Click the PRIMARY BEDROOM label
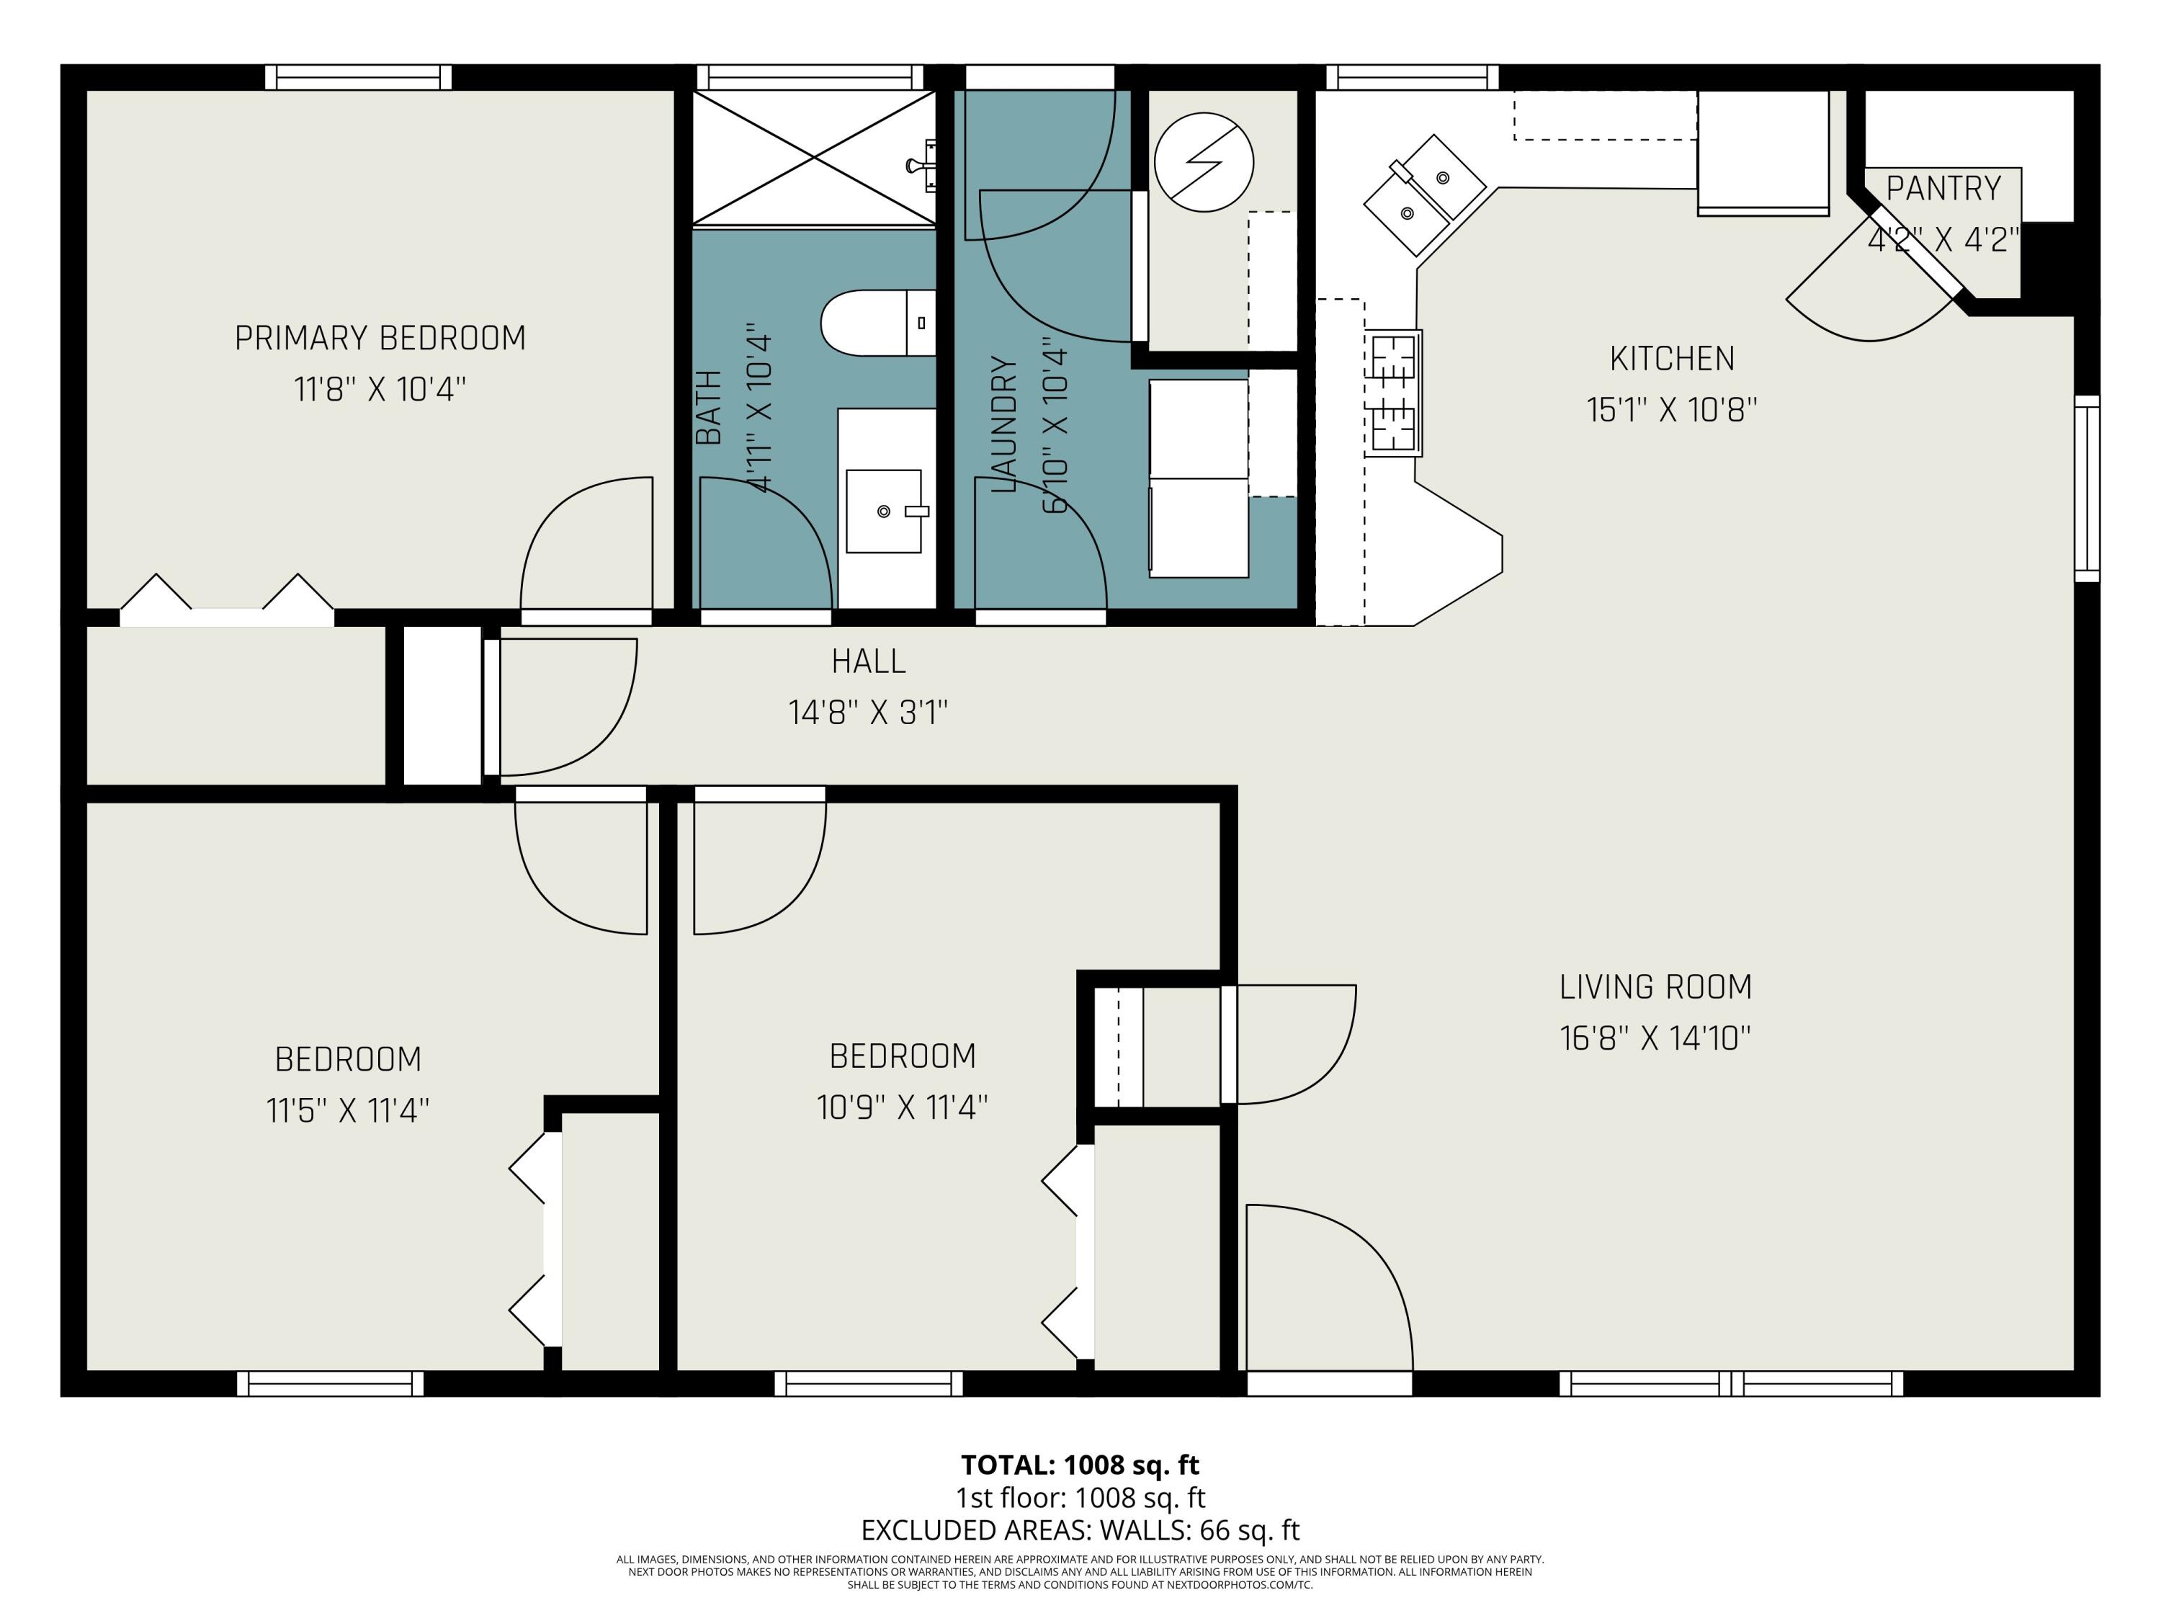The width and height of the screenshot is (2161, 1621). point(380,338)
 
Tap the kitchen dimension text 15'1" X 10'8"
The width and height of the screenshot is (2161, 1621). point(1672,409)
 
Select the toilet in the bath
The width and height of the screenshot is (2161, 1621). point(877,323)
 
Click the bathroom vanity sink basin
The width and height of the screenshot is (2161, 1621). point(884,511)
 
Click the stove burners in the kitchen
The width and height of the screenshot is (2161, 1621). point(1393,393)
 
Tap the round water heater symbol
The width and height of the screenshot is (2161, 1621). point(1204,162)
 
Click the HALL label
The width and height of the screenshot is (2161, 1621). point(869,661)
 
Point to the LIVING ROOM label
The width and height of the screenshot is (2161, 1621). point(1655,987)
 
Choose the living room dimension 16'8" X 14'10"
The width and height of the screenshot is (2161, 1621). point(1655,1037)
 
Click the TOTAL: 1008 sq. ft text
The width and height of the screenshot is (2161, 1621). point(1080,1465)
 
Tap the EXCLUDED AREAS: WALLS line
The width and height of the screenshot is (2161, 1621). point(1080,1530)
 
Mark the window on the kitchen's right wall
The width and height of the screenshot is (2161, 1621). point(2087,488)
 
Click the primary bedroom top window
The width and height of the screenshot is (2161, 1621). point(359,77)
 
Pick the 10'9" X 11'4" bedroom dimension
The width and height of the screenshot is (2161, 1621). point(902,1107)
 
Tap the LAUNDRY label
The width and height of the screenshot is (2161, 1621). point(1004,424)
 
